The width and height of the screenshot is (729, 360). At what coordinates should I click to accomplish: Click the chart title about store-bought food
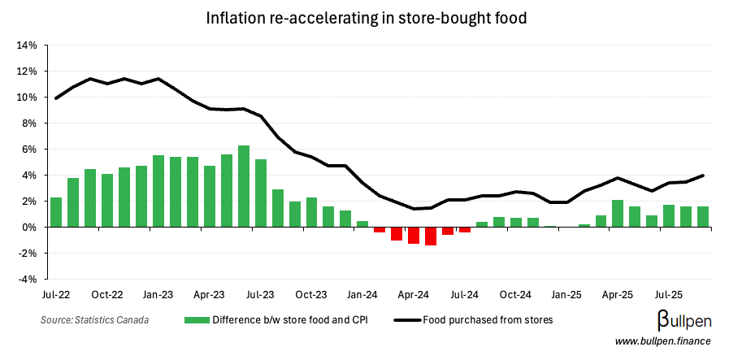tap(364, 16)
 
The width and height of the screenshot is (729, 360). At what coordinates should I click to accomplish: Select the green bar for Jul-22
tap(56, 212)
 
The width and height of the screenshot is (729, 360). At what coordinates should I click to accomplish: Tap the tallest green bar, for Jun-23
tap(243, 186)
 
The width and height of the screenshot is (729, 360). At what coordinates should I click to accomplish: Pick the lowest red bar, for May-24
tap(431, 236)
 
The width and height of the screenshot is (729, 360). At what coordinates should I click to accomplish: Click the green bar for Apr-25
tap(618, 213)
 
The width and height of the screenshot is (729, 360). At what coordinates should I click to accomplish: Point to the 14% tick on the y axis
tap(26, 46)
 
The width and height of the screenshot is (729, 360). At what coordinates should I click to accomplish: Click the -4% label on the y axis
tap(26, 280)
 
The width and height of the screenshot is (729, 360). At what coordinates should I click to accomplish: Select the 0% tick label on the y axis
tap(28, 228)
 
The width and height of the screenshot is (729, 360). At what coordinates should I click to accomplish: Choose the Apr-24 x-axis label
tap(414, 293)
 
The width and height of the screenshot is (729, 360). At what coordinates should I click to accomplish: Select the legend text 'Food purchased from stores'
tap(488, 320)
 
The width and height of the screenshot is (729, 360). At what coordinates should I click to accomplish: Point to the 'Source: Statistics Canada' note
tap(95, 320)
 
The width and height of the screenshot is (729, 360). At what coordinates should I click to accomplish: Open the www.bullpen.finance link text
tap(662, 342)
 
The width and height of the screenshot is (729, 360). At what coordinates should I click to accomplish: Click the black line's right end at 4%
tap(702, 176)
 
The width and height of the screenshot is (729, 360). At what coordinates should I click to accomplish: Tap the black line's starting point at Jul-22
tap(56, 98)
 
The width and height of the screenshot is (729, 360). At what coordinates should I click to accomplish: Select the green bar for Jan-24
tap(362, 223)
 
